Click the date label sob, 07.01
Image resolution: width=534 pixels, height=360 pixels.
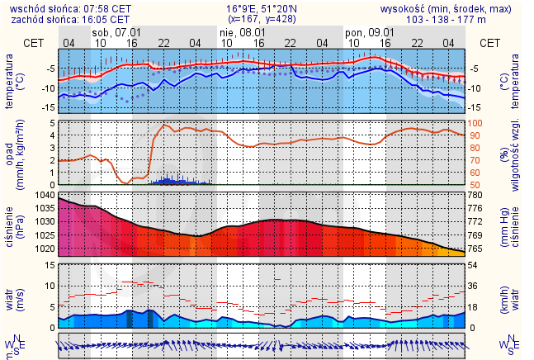tap(114, 31)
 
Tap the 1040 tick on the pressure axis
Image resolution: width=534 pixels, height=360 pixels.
tap(44, 195)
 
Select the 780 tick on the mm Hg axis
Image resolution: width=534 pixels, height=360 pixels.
tap(487, 195)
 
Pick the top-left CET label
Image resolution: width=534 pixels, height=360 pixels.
tap(34, 42)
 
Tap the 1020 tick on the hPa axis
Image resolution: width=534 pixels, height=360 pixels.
tap(44, 249)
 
